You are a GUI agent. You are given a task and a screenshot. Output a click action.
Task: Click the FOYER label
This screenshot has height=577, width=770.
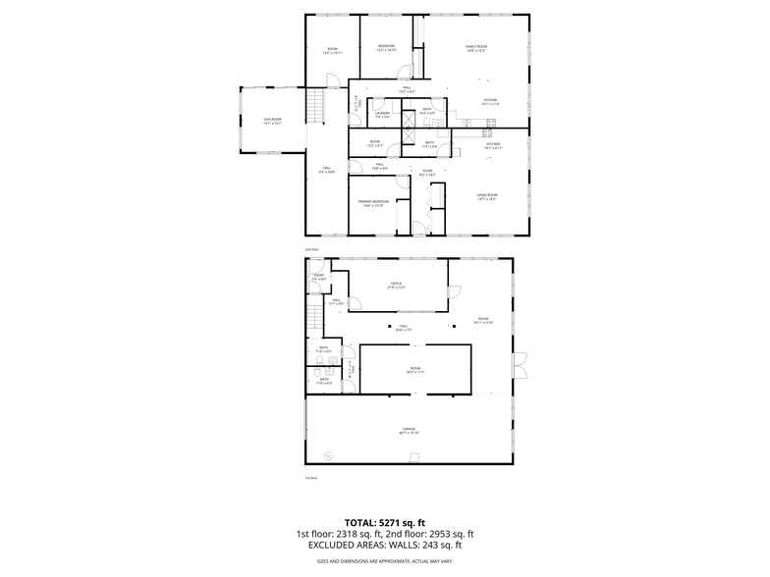click(x=428, y=173)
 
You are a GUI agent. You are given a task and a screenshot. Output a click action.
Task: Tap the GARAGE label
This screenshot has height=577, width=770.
click(x=409, y=430)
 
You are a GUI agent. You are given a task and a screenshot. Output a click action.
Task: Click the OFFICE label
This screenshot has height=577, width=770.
click(x=397, y=286)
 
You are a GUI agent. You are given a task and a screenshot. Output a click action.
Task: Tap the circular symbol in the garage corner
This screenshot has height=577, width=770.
click(x=329, y=453)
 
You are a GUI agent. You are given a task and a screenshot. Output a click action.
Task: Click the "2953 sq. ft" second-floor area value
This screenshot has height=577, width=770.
click(x=449, y=534)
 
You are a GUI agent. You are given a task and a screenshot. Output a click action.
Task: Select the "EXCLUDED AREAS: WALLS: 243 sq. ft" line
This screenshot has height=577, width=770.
click(x=383, y=545)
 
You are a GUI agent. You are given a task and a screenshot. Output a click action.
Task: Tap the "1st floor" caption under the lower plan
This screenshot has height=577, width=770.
click(x=311, y=478)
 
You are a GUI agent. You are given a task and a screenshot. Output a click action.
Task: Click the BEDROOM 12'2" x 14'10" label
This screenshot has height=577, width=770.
click(x=387, y=48)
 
